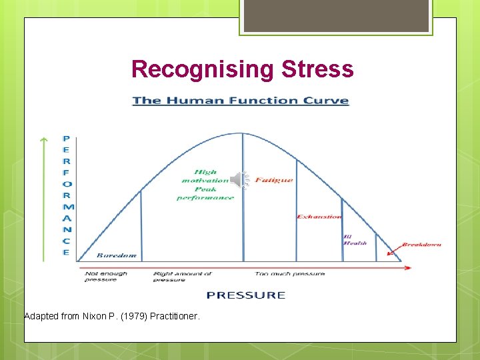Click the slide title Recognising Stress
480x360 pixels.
click(242, 69)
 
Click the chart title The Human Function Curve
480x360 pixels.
click(240, 101)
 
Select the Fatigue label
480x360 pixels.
click(273, 180)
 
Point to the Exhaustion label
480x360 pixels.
click(319, 217)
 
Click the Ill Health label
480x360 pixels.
click(355, 240)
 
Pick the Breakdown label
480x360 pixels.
click(421, 245)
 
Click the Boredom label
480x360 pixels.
click(117, 255)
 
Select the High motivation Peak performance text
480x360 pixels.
click(205, 185)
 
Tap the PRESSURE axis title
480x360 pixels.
click(245, 295)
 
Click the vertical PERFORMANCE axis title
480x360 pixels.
click(66, 196)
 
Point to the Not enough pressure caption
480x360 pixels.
click(105, 276)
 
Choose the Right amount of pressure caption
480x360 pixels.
click(182, 276)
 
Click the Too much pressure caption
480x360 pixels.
click(290, 273)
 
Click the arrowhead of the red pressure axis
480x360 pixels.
click(407, 268)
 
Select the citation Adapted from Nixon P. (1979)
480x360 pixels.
click(111, 316)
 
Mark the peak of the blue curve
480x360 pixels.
click(243, 133)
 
